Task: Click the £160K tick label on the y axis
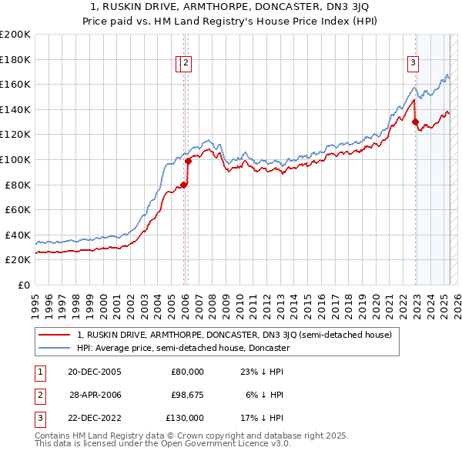15,84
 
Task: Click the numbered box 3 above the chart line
413,63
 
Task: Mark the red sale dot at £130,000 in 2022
415,122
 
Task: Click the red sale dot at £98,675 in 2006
188,161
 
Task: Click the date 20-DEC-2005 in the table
94,372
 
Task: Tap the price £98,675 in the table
187,395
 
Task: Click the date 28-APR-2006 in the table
95,395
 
